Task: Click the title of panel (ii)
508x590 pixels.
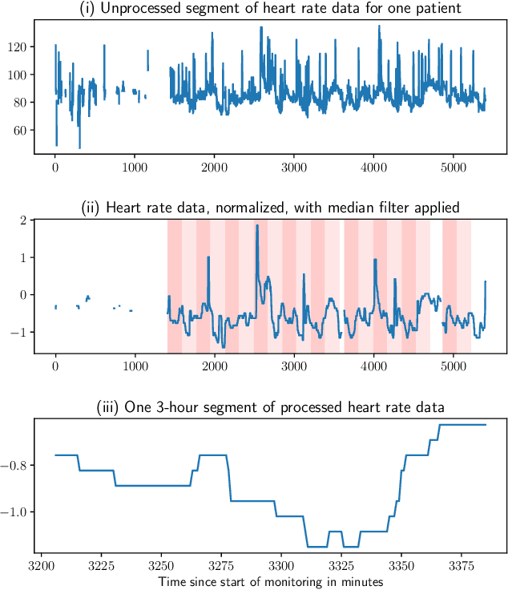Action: click(271, 207)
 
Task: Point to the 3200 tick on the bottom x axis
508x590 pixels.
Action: click(41, 566)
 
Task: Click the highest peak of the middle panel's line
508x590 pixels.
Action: click(257, 226)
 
